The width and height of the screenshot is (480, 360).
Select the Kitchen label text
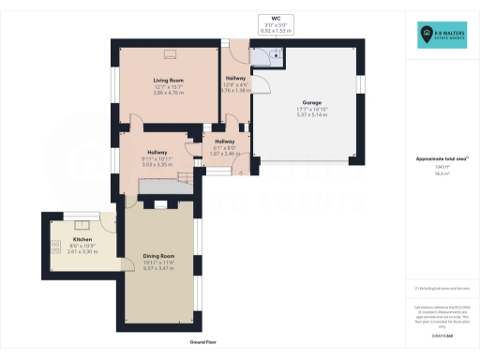pyautogui.click(x=82, y=240)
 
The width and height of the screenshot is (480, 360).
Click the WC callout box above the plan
pyautogui.click(x=276, y=23)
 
